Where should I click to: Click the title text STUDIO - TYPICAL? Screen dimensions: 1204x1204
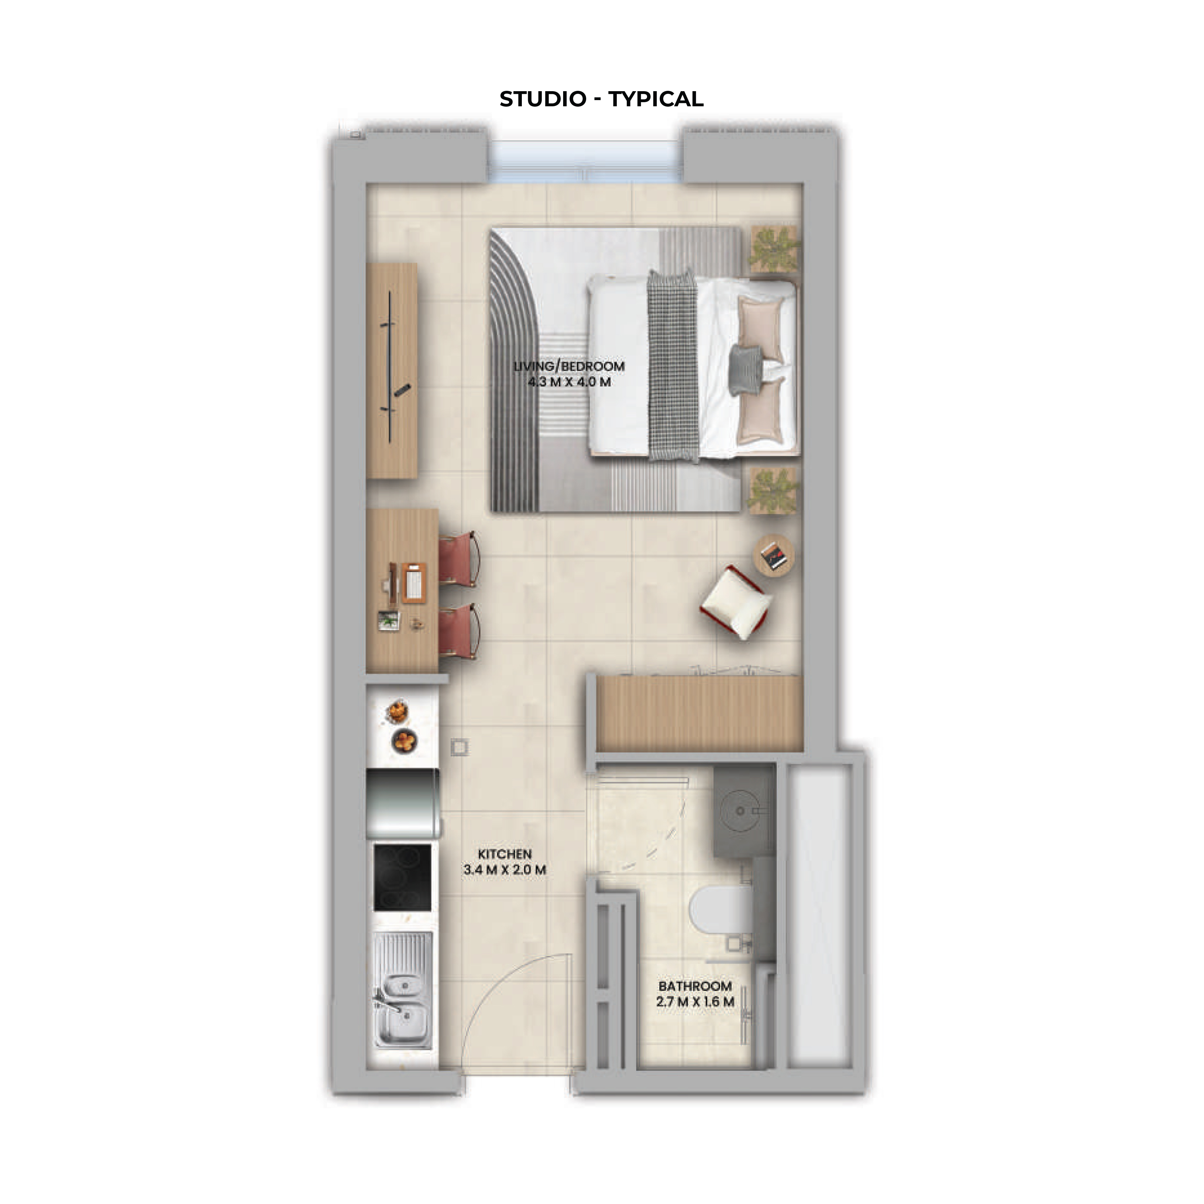pos(601,99)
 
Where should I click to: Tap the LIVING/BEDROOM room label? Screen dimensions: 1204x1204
pos(569,366)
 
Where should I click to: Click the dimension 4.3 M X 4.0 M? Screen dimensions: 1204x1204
pos(569,382)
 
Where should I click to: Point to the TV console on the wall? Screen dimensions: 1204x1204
pos(392,370)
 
